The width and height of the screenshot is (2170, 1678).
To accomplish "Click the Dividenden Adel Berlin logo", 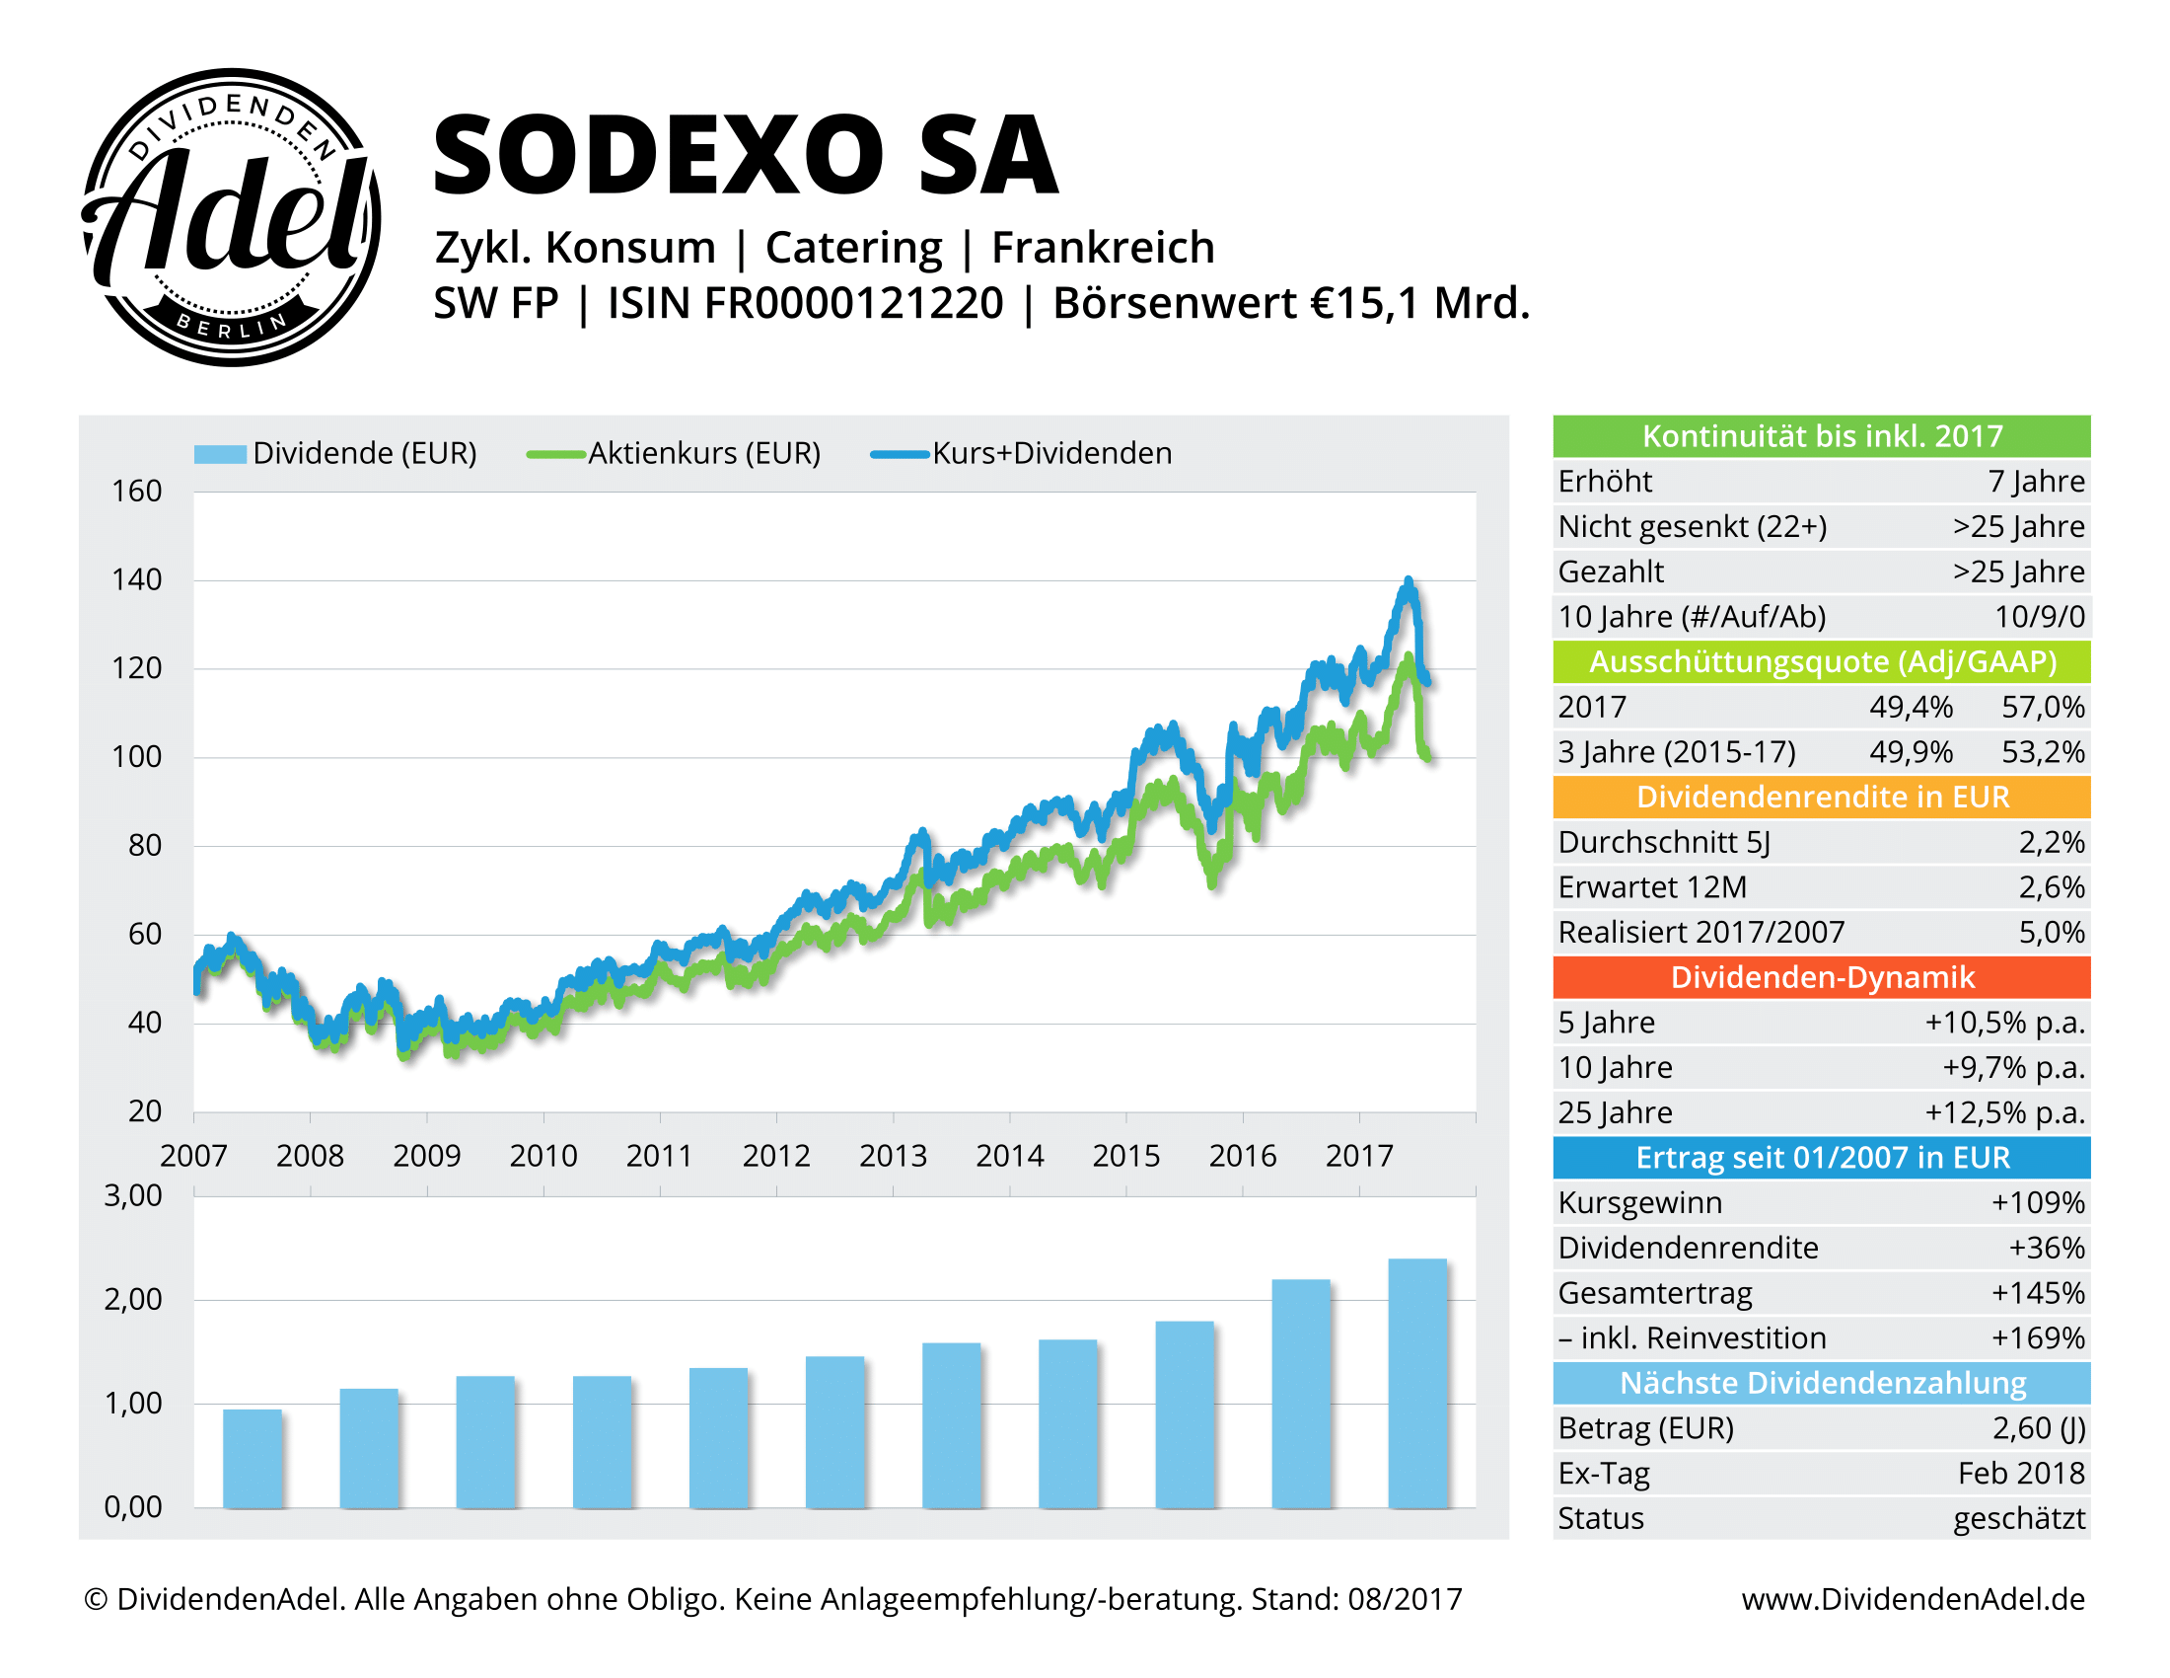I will pos(231,217).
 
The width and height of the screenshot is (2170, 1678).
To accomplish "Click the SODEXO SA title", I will pos(745,155).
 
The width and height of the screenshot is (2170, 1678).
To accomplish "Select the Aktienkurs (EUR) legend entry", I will pos(703,453).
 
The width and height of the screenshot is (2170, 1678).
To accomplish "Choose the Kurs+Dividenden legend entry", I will pos(1051,453).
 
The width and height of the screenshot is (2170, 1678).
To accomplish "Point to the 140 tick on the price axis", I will pos(137,579).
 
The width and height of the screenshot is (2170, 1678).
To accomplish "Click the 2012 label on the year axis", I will pos(776,1155).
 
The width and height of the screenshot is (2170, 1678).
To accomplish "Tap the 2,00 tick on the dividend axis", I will pos(133,1299).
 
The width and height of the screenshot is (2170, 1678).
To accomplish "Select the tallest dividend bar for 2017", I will pos(1416,1383).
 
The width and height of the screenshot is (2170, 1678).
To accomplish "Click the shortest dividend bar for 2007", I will pos(253,1457).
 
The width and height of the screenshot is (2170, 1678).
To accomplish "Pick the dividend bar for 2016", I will pos(1301,1393).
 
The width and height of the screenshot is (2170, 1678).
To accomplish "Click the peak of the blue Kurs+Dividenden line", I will pos(1408,581).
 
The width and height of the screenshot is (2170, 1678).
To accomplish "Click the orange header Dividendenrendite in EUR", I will pos(1821,797).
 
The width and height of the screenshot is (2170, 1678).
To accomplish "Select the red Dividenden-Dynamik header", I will pos(1821,977).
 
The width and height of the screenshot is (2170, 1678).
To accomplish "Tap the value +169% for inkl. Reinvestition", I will pos(2037,1338).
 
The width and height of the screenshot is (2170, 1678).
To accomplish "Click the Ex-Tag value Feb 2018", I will pos(2021,1474).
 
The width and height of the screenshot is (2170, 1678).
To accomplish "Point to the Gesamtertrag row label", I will pos(1654,1293).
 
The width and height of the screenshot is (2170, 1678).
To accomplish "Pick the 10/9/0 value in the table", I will pos(2039,616).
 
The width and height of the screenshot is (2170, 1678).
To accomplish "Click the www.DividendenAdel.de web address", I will pos(1913,1599).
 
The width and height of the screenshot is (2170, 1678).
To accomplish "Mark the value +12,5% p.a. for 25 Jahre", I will pos(2004,1112).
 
